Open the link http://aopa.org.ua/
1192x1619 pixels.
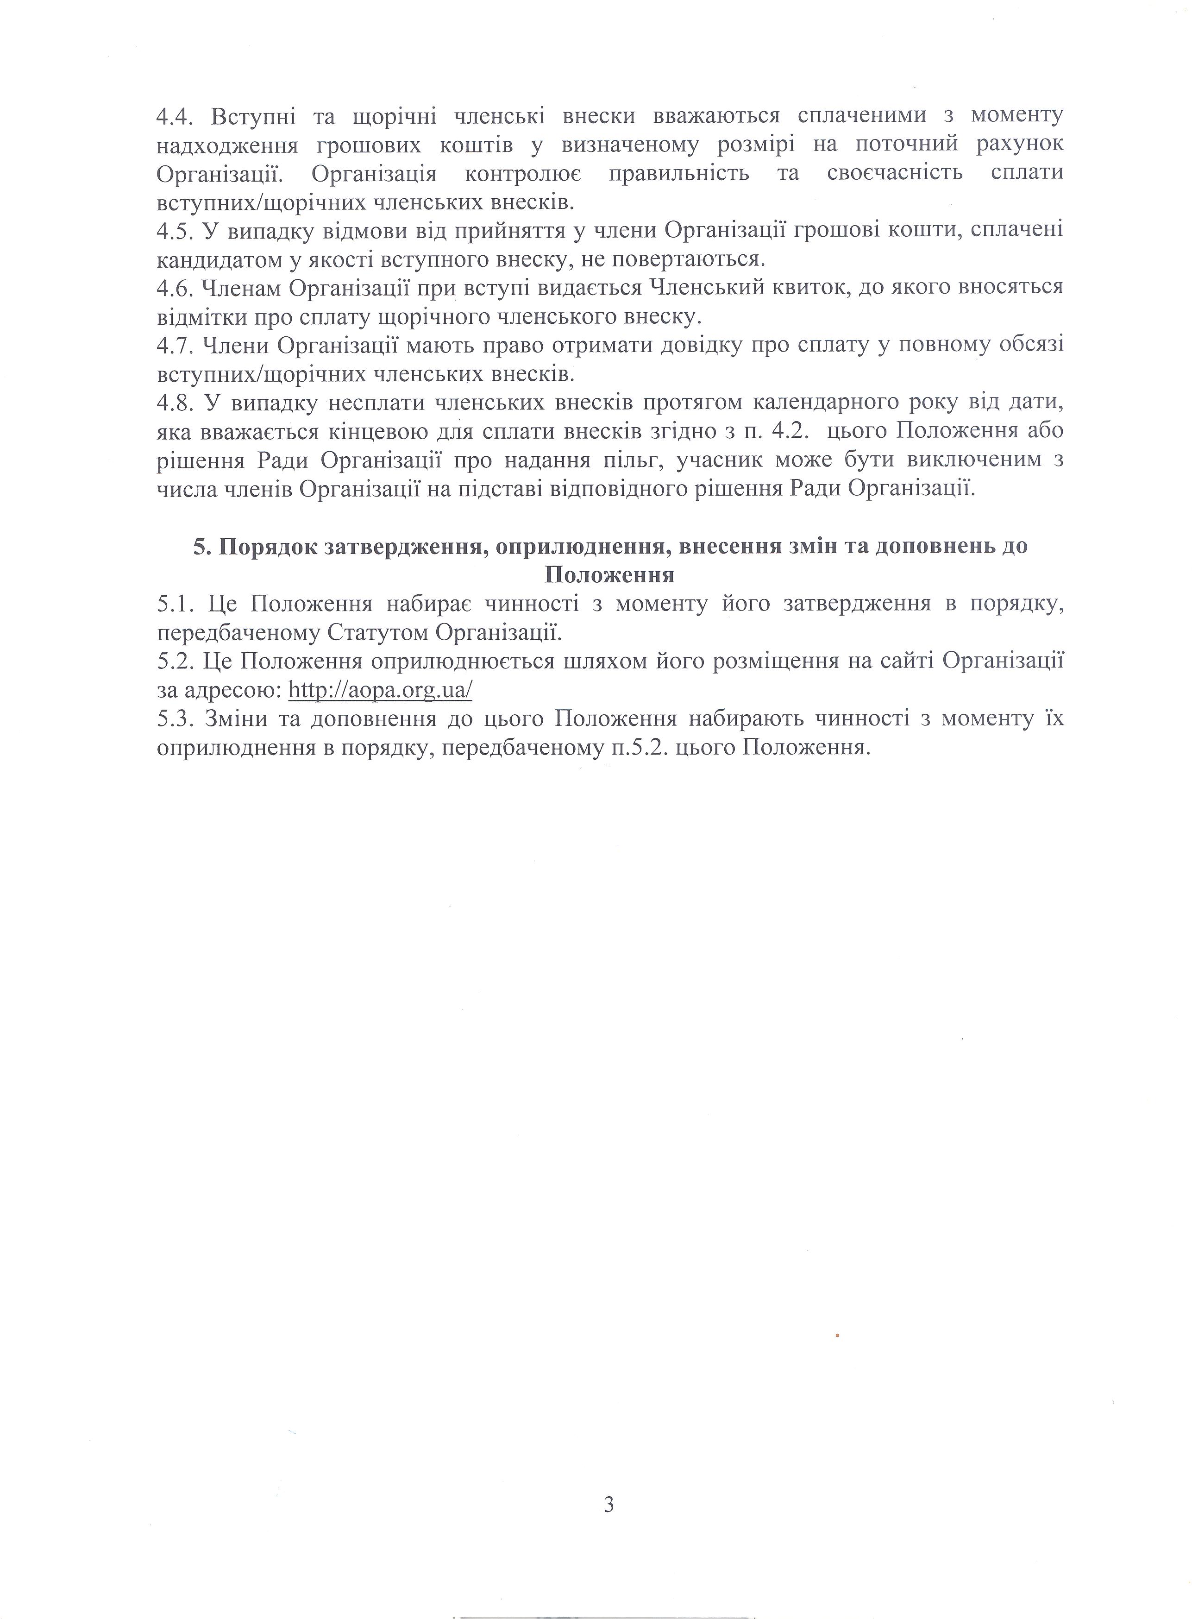380,690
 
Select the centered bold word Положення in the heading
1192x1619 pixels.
610,575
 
